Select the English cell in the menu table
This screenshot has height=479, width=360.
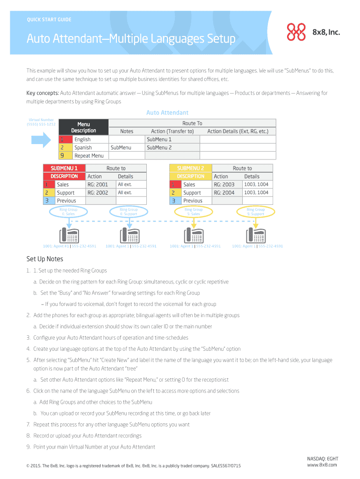[x=83, y=139]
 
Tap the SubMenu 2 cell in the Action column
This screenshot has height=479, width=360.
[x=159, y=147]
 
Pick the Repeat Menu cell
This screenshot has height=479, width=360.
[x=89, y=156]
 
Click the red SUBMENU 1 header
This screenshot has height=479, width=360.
[x=64, y=168]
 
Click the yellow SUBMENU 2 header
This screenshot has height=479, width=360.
[x=190, y=168]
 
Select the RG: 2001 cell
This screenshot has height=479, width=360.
[x=98, y=184]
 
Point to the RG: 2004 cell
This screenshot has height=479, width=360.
[x=224, y=192]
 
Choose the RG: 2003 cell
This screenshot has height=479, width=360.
[x=224, y=184]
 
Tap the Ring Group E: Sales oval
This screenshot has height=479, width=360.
[x=68, y=212]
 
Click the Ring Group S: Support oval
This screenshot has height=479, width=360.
[x=256, y=212]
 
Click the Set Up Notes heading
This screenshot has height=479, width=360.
[x=45, y=259]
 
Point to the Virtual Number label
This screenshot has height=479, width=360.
[x=41, y=122]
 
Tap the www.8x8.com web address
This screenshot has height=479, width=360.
[x=322, y=464]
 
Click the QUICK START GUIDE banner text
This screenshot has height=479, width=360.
[x=49, y=20]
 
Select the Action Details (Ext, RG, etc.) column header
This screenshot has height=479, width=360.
[x=238, y=131]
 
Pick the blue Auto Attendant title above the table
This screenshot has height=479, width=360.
[x=167, y=113]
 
